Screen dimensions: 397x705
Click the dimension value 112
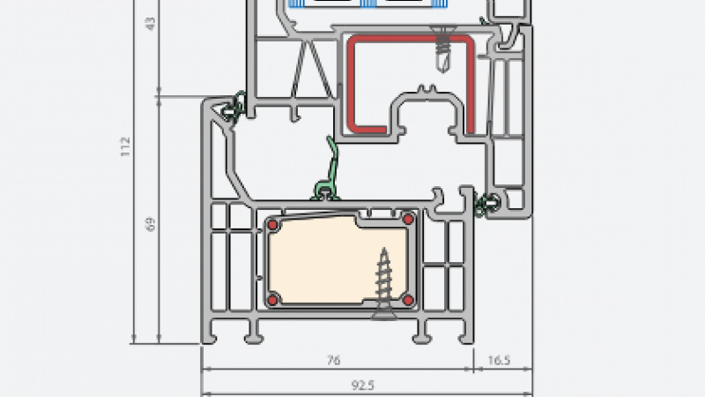pos(126,142)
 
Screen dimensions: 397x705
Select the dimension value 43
pos(150,24)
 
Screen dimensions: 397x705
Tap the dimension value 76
pos(333,360)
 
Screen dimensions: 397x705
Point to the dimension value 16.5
pos(499,360)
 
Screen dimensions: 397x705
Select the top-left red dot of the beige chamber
pos(273,226)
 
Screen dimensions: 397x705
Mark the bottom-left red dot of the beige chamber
pos(273,297)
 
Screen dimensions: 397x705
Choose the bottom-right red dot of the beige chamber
pos(408,301)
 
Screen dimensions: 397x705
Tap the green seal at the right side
pos(483,204)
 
